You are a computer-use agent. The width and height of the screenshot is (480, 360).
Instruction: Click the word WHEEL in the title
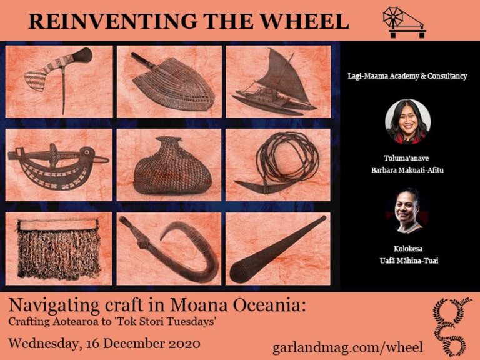pyautogui.click(x=304, y=21)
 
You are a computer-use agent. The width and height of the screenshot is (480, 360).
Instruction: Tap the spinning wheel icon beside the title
pyautogui.click(x=404, y=22)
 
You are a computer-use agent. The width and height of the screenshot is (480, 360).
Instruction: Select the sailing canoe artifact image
pyautogui.click(x=274, y=82)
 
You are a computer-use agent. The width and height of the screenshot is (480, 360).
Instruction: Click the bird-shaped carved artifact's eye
pyautogui.click(x=87, y=151)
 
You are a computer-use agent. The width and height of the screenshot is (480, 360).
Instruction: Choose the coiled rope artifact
pyautogui.click(x=277, y=163)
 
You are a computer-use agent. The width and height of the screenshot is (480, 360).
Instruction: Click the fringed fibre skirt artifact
pyautogui.click(x=59, y=249)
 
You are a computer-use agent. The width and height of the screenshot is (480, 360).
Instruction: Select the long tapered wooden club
pyautogui.click(x=277, y=249)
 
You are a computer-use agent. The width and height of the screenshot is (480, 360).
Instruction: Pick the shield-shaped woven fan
pyautogui.click(x=173, y=82)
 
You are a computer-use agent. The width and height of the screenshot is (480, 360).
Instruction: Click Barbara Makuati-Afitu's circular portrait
pyautogui.click(x=407, y=121)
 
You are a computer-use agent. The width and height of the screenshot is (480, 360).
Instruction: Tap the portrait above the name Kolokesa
pyautogui.click(x=407, y=211)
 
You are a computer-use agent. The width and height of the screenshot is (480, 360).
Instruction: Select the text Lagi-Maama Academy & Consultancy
pyautogui.click(x=407, y=76)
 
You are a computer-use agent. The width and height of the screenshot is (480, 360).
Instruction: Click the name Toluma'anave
pyautogui.click(x=406, y=158)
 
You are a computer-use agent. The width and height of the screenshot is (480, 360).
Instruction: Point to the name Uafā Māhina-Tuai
pyautogui.click(x=409, y=261)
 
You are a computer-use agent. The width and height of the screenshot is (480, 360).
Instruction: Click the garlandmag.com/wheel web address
pyautogui.click(x=347, y=347)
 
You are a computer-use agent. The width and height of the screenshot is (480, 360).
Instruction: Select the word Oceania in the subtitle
pyautogui.click(x=269, y=305)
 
